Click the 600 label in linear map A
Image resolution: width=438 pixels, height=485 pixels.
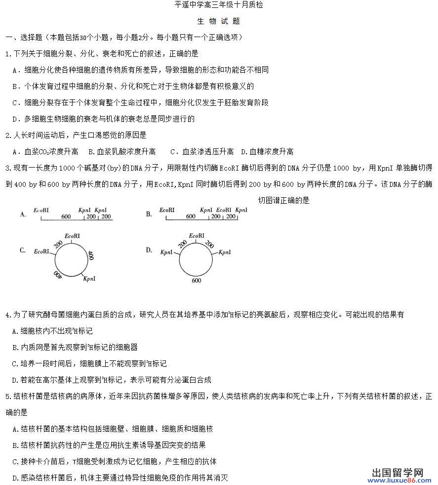point(66,216)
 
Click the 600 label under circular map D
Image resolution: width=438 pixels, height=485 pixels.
point(196,280)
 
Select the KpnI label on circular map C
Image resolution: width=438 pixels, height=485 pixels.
point(89,279)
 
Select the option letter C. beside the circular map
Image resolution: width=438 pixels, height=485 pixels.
point(23,250)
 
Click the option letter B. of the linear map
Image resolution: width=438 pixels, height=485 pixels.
point(149,214)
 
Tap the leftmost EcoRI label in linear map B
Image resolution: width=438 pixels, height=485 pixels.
point(167,210)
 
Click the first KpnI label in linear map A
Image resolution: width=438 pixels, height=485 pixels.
point(85,210)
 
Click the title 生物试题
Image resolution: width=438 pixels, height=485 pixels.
point(219,21)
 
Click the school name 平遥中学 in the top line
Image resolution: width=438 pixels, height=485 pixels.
point(186,5)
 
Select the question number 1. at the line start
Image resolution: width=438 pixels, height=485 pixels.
point(7,54)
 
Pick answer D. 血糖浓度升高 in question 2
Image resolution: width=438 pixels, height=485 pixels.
point(267,151)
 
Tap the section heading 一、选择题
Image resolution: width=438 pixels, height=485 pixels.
point(24,38)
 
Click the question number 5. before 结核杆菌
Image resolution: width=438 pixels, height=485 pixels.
point(7,396)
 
